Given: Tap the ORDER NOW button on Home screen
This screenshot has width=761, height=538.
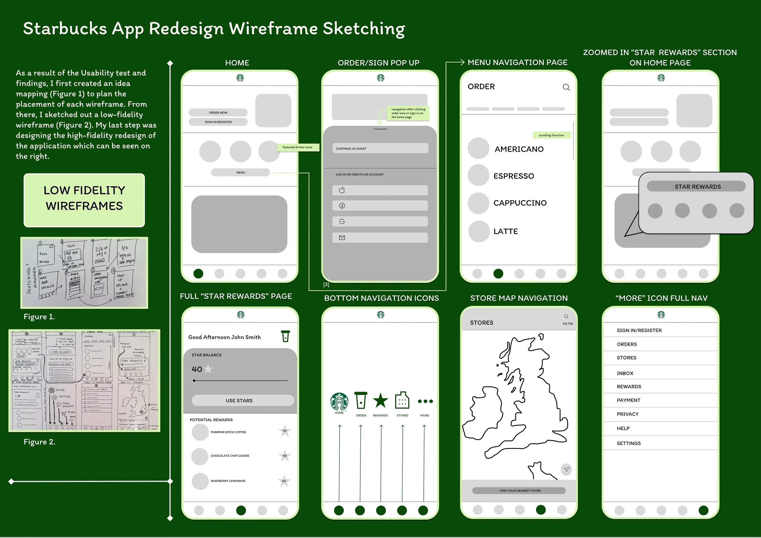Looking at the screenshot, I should pos(218,113).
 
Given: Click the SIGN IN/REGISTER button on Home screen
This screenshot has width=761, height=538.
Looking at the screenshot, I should pos(218,122).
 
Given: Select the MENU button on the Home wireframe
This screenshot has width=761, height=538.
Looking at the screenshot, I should pos(241,173).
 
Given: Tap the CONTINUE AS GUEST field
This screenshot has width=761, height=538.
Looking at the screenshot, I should pos(380,148).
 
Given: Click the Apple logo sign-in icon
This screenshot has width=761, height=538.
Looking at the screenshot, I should pos(342,190).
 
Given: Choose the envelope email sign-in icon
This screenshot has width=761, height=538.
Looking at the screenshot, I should pos(342,238).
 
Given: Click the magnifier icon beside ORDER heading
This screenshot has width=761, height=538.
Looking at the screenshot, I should pos(566,87).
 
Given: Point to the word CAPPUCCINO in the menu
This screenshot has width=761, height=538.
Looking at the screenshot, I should pos(520,203).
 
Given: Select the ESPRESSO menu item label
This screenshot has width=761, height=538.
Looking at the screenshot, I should pos(514,176).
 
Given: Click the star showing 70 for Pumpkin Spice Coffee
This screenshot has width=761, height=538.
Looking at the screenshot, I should pos(285,431).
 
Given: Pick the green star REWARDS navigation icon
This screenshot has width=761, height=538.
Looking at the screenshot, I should pos(380,400).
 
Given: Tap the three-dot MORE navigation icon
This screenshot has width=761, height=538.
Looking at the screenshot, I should pos(425,401).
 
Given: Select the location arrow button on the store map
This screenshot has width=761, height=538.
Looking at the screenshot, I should pos(566,470).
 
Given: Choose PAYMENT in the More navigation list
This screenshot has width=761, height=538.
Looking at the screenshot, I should pos(628,400).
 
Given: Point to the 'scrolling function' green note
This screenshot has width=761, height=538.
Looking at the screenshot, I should pos(551,135).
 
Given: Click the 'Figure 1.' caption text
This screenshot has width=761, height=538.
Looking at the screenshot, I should pos(39,317).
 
